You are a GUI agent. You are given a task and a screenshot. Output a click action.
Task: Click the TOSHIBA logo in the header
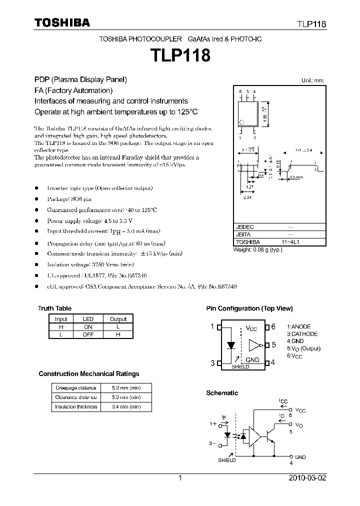(62, 22)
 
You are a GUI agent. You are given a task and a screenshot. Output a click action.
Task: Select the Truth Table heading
(54, 308)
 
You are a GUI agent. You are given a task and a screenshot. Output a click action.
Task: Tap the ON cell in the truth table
(88, 326)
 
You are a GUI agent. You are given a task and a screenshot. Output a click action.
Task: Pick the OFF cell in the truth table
(88, 334)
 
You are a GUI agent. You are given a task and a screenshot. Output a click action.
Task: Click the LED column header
(88, 319)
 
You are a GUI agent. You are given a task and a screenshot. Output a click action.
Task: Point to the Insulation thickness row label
(76, 406)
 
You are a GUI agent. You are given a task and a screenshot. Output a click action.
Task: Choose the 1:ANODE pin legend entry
(299, 326)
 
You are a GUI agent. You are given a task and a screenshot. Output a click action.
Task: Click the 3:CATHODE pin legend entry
(302, 334)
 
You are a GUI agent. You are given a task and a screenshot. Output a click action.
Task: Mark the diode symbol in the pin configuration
(231, 344)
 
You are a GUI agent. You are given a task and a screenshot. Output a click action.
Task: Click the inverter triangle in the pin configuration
(254, 344)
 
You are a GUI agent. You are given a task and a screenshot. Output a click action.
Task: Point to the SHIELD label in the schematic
(226, 460)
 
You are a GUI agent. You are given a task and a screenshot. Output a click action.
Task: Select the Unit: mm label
(312, 80)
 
